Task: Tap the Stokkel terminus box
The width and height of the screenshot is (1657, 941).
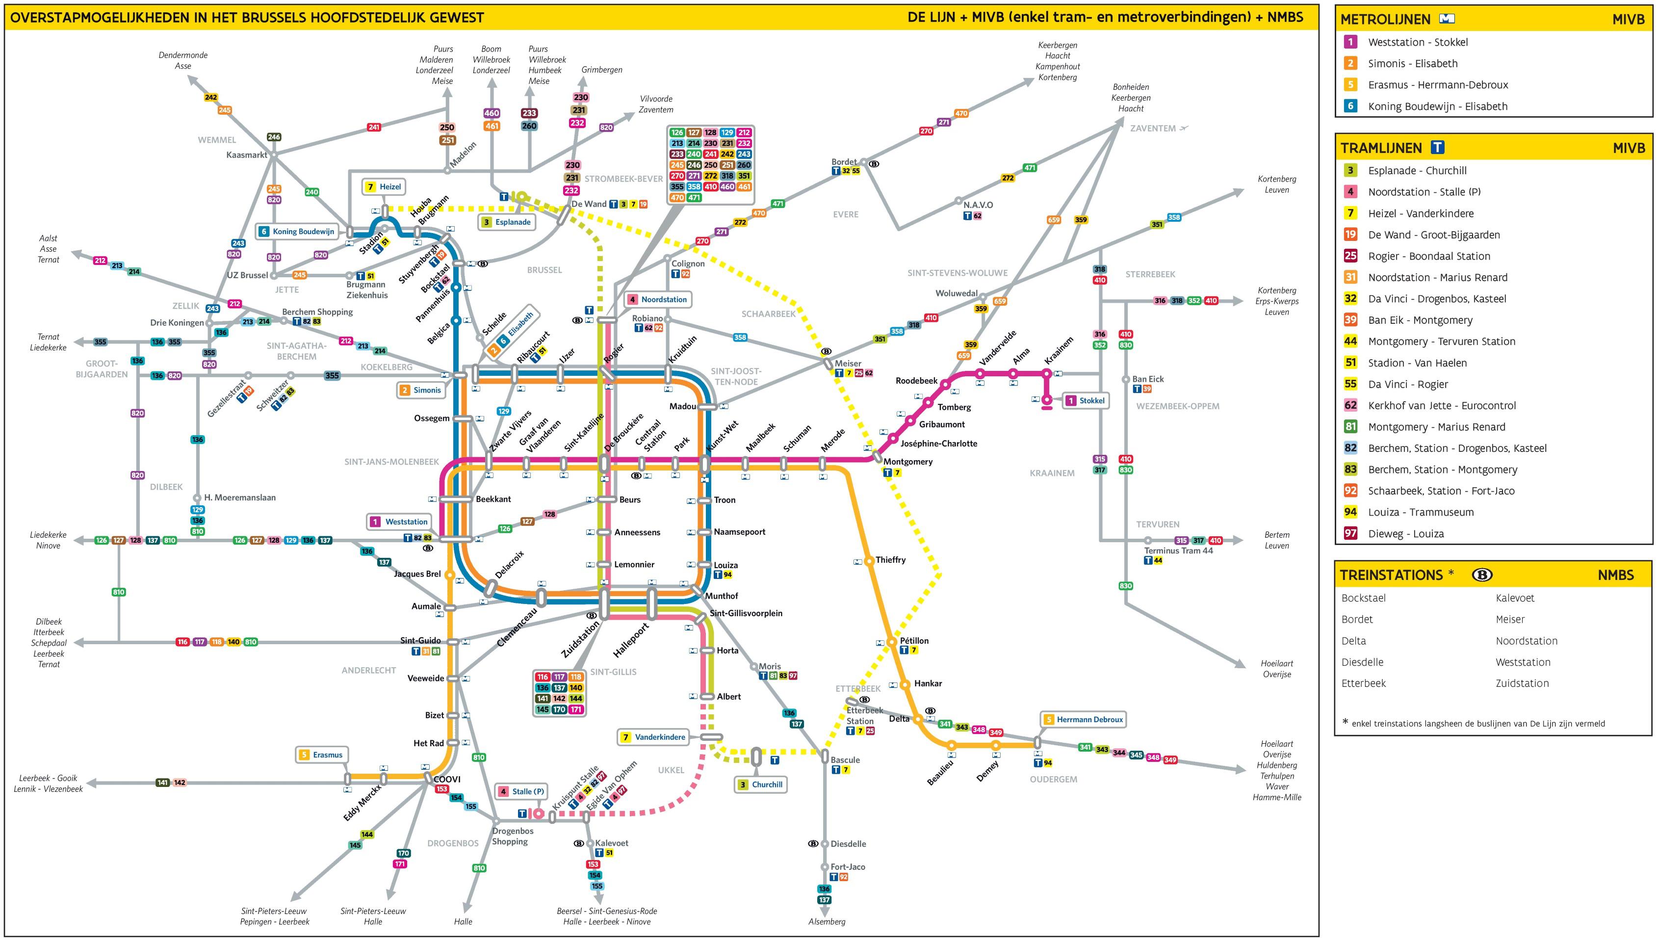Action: point(1086,401)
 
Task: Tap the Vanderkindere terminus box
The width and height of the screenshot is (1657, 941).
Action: point(654,737)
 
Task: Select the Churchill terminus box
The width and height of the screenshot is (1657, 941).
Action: point(761,784)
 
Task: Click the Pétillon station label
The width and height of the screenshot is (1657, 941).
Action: point(914,640)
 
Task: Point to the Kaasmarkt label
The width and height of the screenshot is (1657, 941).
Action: point(247,155)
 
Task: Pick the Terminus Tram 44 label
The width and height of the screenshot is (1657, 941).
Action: point(1178,550)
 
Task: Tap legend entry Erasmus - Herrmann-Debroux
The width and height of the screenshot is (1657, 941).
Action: point(1437,85)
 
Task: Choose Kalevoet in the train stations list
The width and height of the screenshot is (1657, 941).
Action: point(1515,598)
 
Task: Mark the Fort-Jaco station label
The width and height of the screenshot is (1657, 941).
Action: point(848,867)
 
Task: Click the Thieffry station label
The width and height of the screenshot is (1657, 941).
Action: point(890,560)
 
